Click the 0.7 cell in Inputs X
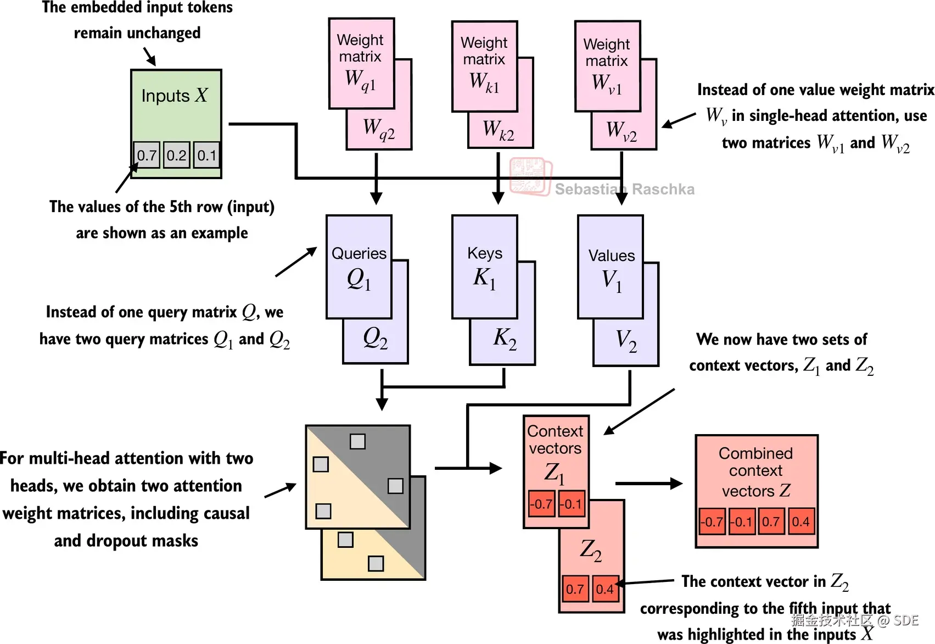click(147, 155)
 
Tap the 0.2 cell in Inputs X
click(177, 155)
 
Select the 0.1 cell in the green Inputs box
click(207, 155)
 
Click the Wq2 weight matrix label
click(379, 130)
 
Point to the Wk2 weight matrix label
click(499, 130)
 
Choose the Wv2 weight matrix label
click(622, 131)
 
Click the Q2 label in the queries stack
click(376, 338)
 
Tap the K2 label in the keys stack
click(505, 338)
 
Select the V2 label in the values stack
click(626, 341)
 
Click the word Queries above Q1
click(359, 253)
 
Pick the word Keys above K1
click(485, 253)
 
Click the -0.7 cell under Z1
click(541, 504)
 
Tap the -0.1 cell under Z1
click(572, 504)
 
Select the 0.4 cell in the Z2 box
click(605, 589)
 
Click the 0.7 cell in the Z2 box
click(575, 589)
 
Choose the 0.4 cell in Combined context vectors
click(800, 521)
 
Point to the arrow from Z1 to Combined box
click(648, 484)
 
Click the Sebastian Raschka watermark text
click(624, 190)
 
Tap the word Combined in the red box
click(755, 453)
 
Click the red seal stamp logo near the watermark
click(530, 176)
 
